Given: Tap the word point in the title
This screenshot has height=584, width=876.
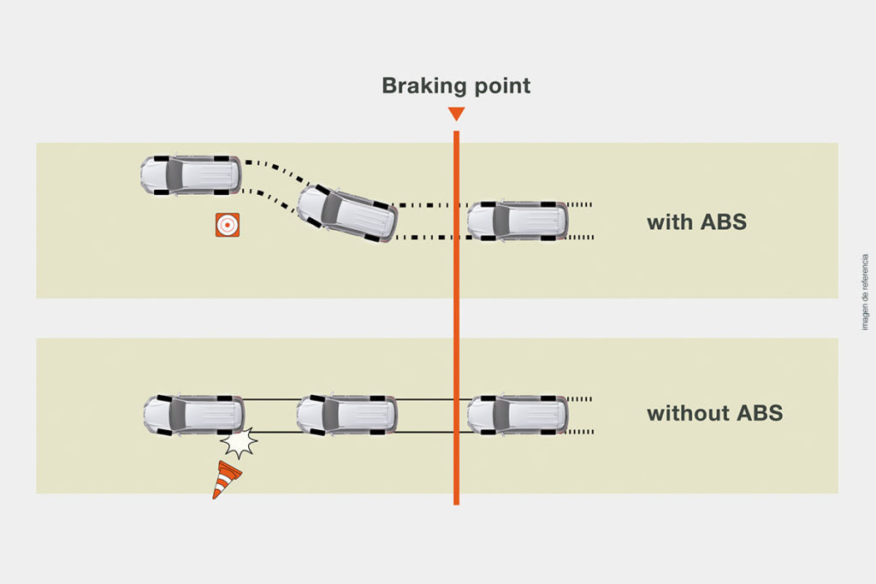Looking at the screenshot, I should (499, 86).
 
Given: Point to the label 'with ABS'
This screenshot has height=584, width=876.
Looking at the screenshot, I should (696, 222).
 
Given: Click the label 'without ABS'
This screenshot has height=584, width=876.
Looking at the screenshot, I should (714, 414).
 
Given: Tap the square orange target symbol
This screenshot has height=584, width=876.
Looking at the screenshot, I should (227, 225).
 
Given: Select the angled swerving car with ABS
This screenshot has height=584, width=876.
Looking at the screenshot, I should (347, 212).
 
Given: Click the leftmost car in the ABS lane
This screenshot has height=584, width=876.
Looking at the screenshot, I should (190, 175).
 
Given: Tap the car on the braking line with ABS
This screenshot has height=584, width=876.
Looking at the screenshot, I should (517, 221).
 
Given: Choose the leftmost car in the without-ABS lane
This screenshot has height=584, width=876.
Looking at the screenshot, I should (192, 415).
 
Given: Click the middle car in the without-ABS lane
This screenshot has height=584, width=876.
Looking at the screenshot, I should (346, 415).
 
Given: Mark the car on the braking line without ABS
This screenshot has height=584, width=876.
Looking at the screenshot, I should (517, 415).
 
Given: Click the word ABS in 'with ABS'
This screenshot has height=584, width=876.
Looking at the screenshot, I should (723, 222).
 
